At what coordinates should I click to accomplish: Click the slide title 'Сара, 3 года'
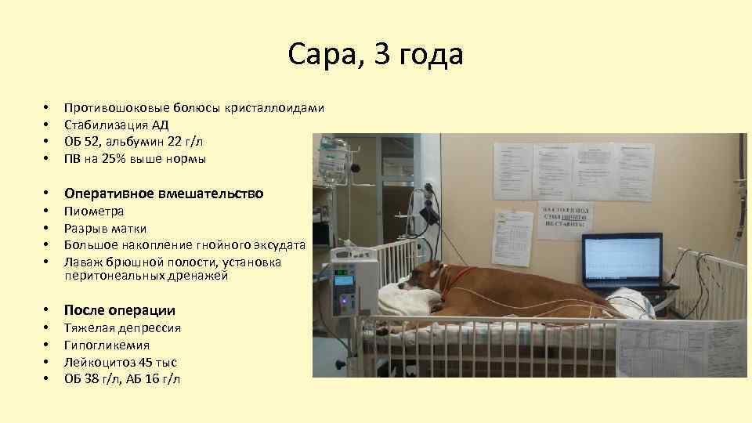click(x=375, y=55)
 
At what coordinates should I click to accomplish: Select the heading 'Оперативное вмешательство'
click(x=163, y=193)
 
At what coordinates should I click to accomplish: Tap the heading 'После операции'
click(x=119, y=309)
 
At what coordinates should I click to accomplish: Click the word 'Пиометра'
click(x=93, y=211)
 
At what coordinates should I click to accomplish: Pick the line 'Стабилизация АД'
click(x=116, y=125)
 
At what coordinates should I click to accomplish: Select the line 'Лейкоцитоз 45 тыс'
click(x=120, y=363)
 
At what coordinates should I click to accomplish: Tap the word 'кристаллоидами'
click(x=274, y=107)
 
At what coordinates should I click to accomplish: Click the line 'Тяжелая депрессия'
click(x=122, y=328)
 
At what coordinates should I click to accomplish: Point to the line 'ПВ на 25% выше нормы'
click(x=135, y=159)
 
